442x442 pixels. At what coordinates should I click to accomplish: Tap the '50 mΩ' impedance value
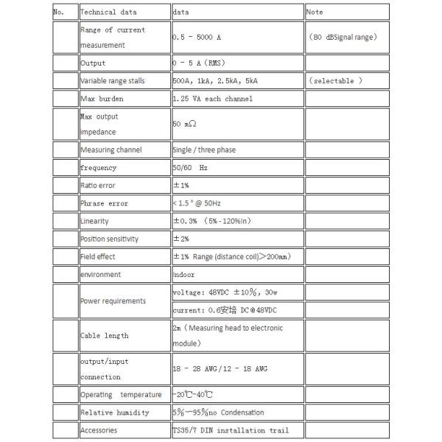tap(185, 124)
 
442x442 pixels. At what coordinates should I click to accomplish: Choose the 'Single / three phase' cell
tap(203, 150)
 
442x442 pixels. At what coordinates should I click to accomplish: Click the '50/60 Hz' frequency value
tap(191, 167)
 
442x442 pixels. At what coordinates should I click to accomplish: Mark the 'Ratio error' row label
tap(98, 186)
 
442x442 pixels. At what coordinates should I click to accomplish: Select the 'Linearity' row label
tap(95, 221)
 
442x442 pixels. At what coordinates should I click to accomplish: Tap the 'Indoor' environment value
tap(183, 275)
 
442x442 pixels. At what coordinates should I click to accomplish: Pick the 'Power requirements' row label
tap(113, 301)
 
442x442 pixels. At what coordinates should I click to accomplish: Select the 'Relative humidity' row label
tap(114, 413)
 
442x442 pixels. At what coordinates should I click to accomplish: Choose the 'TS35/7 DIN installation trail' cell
tap(230, 430)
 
